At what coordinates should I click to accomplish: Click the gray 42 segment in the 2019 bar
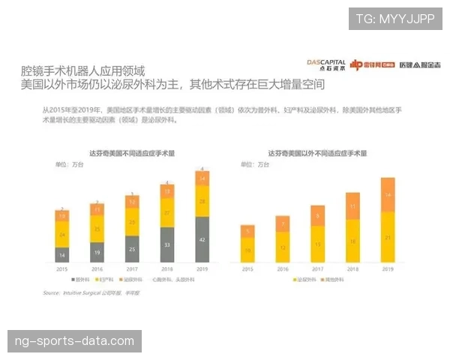[202, 239]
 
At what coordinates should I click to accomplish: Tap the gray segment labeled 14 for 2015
[62, 255]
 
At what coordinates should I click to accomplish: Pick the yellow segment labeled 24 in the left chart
[62, 235]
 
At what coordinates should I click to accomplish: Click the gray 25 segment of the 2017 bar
[133, 249]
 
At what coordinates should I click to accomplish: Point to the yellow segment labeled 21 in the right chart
[387, 237]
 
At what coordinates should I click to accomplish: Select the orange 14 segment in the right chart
[387, 195]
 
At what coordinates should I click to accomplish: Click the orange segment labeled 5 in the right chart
[247, 231]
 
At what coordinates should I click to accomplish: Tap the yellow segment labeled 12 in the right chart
[282, 247]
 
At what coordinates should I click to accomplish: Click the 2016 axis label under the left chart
[97, 268]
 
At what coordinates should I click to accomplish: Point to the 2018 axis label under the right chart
[352, 268]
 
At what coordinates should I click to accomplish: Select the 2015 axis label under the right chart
[247, 268]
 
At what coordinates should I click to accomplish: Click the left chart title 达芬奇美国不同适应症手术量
[132, 153]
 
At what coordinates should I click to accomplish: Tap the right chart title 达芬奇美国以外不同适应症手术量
[317, 153]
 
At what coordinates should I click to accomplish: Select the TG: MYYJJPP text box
[395, 19]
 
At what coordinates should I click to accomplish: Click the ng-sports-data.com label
[75, 341]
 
